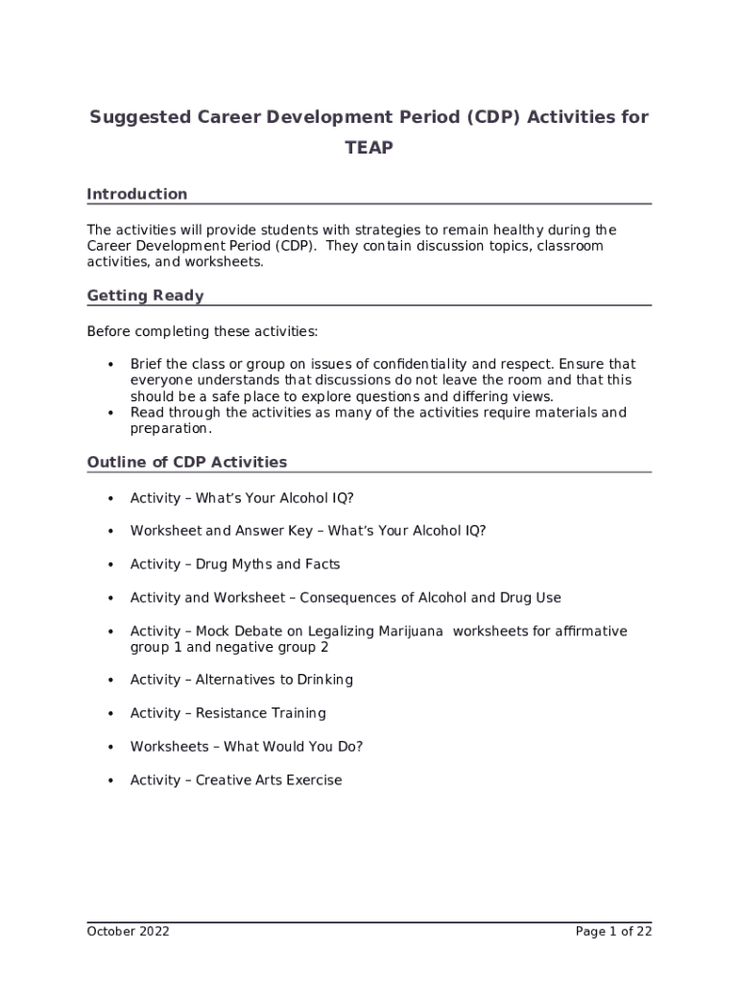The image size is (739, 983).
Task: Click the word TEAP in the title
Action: [369, 149]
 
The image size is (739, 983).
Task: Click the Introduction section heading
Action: [137, 194]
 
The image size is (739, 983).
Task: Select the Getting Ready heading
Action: [145, 296]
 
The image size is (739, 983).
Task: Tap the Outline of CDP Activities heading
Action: [187, 462]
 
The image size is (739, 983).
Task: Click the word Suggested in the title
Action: [138, 117]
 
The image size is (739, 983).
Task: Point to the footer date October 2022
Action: [128, 931]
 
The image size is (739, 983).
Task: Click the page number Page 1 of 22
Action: [613, 931]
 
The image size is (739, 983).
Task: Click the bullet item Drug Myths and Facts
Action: [235, 564]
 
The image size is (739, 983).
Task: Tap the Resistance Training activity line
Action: [228, 713]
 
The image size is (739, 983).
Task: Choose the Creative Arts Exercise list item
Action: [236, 780]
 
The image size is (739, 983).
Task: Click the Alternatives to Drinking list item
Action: [242, 680]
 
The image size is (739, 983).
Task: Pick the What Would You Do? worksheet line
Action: [247, 747]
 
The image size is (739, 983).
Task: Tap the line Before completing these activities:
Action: [203, 331]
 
